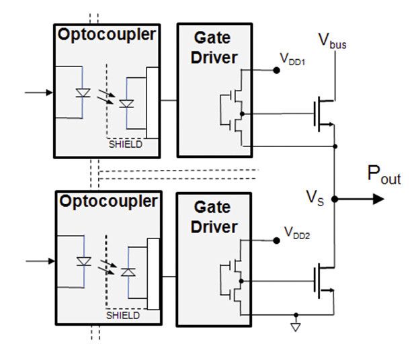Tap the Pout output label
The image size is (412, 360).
point(383,176)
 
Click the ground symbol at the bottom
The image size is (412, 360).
point(296,327)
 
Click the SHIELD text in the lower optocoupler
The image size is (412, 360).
point(124,314)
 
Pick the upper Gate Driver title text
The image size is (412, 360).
point(214,48)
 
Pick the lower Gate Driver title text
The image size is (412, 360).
point(214,218)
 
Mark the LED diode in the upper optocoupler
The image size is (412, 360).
point(83,93)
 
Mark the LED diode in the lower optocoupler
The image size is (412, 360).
point(83,261)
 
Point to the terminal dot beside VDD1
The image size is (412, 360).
point(276,69)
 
